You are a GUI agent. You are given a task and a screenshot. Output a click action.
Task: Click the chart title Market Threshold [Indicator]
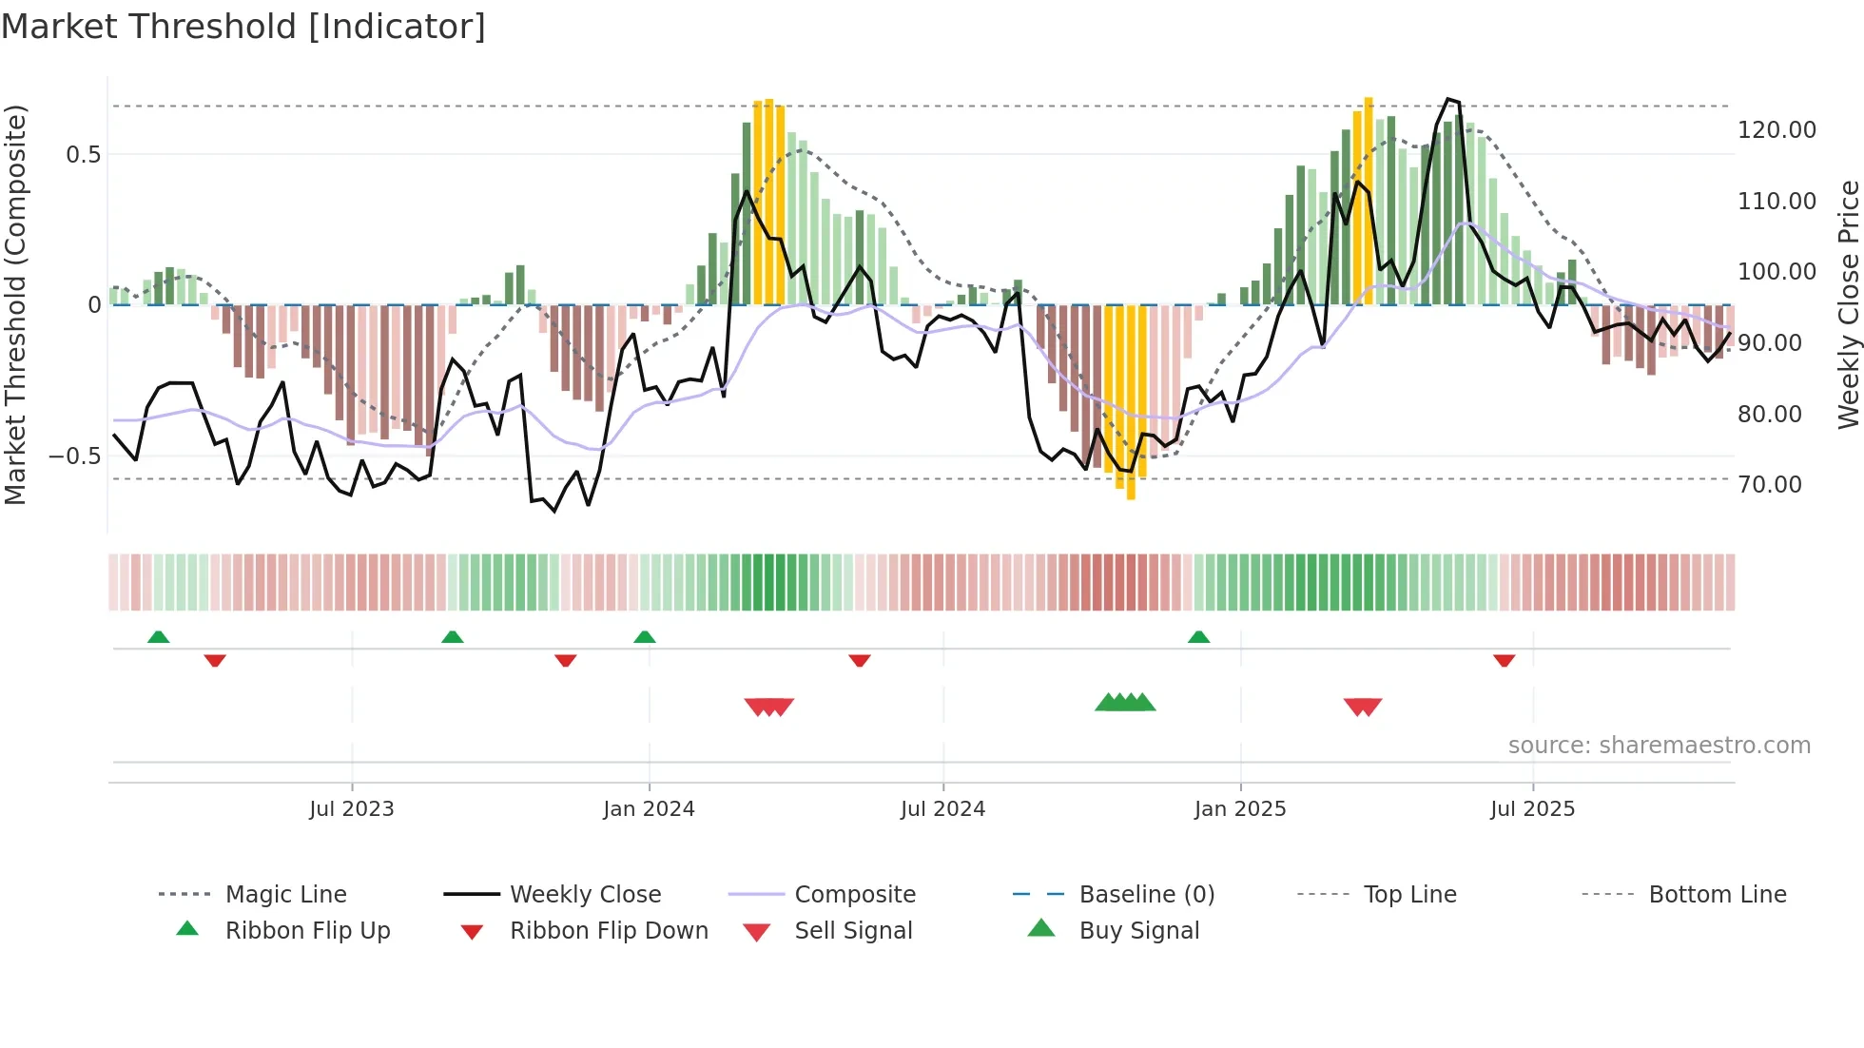pos(243,27)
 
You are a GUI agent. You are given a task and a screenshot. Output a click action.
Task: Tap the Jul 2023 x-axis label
pos(351,809)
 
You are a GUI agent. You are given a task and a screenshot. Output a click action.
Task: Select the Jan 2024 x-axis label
pos(649,809)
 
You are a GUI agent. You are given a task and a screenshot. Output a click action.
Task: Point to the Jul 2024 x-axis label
pos(942,809)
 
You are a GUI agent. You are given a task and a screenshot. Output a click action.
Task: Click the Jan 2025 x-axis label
pos(1240,809)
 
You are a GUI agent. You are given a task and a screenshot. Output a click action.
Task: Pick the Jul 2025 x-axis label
pos(1532,809)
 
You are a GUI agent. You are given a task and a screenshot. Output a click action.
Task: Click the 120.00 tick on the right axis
pos(1777,130)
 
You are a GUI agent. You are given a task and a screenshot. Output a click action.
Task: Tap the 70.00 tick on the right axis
pos(1770,485)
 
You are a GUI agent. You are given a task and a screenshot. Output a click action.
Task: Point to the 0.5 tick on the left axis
pos(83,155)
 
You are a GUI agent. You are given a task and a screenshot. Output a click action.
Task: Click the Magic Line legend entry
pos(285,895)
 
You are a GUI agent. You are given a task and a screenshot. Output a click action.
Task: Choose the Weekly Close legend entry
pos(585,895)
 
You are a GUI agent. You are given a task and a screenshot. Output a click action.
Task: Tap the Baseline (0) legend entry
pos(1146,895)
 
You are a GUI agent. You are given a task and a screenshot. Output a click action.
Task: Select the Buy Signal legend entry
pos(1138,931)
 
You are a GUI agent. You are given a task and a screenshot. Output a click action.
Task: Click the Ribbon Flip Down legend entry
pos(609,931)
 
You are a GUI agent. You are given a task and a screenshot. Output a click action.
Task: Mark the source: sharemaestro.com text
pos(1659,746)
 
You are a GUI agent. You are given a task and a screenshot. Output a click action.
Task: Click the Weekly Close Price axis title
pos(1848,304)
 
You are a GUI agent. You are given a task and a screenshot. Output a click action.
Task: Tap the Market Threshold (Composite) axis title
pos(15,304)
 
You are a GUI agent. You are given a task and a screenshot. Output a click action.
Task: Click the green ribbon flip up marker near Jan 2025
pos(1198,637)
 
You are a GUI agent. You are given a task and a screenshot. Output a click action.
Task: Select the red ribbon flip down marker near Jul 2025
pos(1504,660)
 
